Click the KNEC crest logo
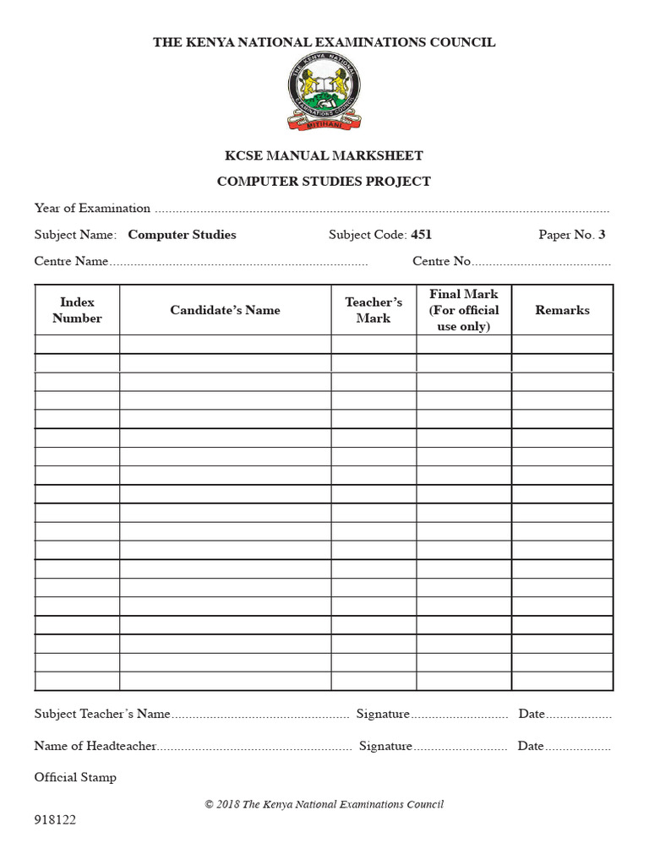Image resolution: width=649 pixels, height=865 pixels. (x=324, y=95)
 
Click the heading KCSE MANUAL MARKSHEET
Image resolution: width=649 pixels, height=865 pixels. (x=324, y=155)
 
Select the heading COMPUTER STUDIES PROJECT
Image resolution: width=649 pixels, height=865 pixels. (x=324, y=181)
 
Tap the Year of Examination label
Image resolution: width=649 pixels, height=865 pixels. (x=92, y=208)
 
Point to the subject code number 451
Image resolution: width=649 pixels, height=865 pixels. (x=421, y=235)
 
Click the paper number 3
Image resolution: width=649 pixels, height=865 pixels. (x=602, y=235)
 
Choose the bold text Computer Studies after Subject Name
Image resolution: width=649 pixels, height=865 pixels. (x=182, y=235)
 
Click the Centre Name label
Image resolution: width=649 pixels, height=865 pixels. (x=71, y=261)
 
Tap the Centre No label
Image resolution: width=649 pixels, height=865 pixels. (x=441, y=261)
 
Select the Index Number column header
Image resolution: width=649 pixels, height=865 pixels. (x=77, y=310)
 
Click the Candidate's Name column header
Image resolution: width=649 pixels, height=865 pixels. (x=225, y=310)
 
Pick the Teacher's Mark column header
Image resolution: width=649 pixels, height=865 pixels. (x=374, y=310)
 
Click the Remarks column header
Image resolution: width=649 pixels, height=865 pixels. (x=562, y=310)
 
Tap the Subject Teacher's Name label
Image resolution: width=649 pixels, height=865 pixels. (x=102, y=714)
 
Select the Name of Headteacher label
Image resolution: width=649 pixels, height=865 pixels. (x=95, y=746)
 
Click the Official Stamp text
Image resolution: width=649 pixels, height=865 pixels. (x=75, y=777)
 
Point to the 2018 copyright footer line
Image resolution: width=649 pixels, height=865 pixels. (x=324, y=804)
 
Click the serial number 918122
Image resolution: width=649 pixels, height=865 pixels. (x=55, y=820)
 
